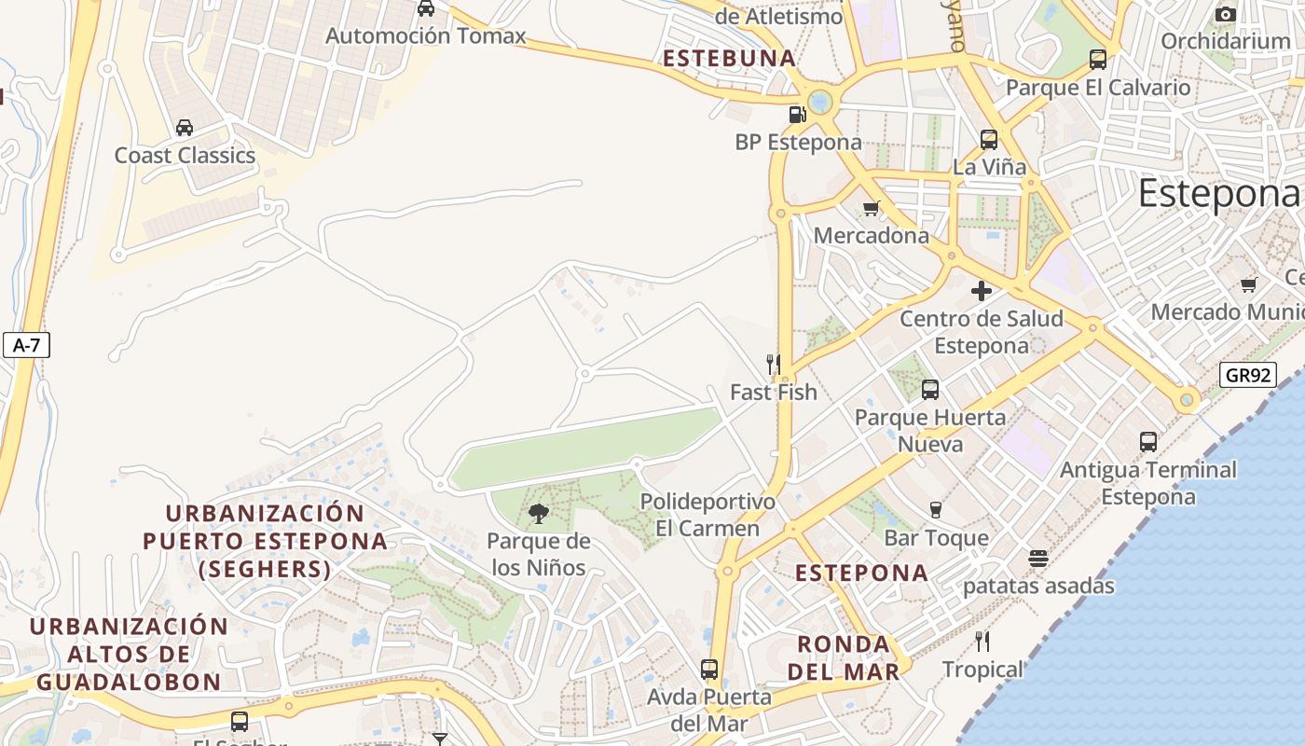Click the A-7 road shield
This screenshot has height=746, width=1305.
click(26, 345)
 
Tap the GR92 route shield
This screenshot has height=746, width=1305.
click(1247, 376)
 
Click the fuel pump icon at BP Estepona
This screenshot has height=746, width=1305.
click(797, 115)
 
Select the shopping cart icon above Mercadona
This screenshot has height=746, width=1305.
click(872, 208)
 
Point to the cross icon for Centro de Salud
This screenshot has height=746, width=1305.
click(981, 291)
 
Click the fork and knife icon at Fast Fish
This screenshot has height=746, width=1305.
click(773, 364)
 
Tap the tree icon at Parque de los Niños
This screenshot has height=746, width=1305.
click(538, 513)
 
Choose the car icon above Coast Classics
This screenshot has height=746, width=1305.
click(185, 128)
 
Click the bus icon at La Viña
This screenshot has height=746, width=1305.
click(989, 140)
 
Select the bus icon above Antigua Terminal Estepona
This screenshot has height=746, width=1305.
click(1148, 442)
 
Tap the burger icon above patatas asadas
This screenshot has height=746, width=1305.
click(1038, 559)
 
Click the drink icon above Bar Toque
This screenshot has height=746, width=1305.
click(936, 509)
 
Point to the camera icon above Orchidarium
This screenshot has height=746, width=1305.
click(1226, 14)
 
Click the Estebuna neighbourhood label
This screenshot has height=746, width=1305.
click(729, 59)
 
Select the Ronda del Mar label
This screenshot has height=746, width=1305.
click(844, 657)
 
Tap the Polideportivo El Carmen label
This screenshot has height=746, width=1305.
click(707, 515)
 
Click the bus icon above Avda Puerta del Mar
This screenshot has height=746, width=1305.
click(709, 669)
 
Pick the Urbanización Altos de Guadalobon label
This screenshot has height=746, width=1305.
click(129, 654)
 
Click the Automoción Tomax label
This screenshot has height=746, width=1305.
click(425, 36)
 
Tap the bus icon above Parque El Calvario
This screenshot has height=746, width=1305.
click(1098, 60)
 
